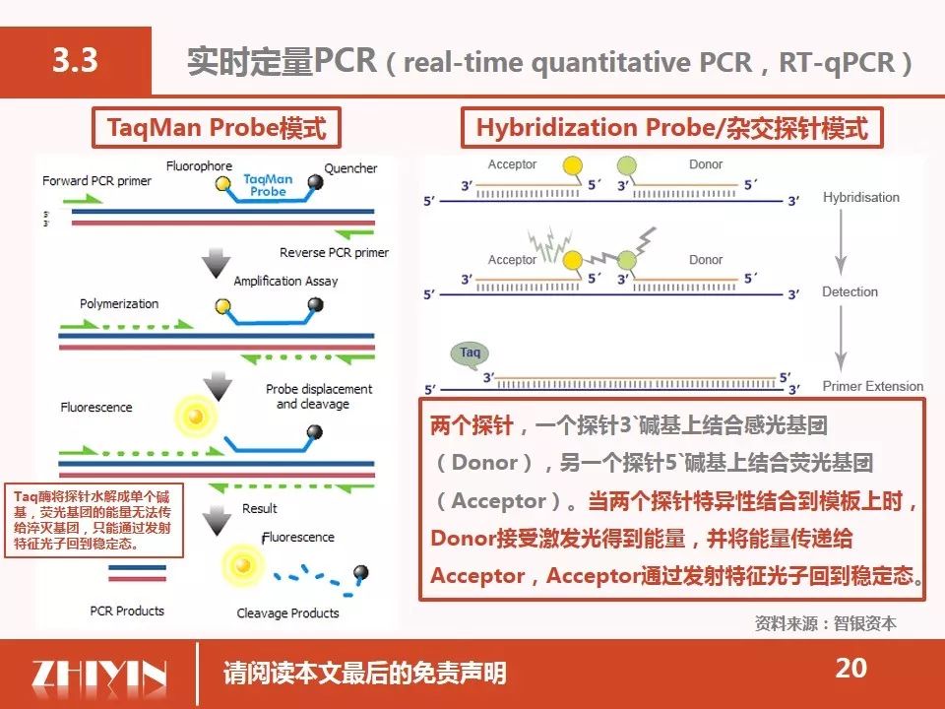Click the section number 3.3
pyautogui.click(x=76, y=60)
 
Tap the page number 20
pyautogui.click(x=850, y=668)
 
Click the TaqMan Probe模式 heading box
pyautogui.click(x=217, y=128)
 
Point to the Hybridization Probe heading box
pyautogui.click(x=672, y=128)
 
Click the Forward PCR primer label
pyautogui.click(x=97, y=181)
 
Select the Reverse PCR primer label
pyautogui.click(x=334, y=253)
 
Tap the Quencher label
pyautogui.click(x=350, y=168)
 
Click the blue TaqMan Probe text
pyautogui.click(x=268, y=185)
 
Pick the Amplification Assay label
pyautogui.click(x=285, y=281)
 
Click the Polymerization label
pyautogui.click(x=119, y=304)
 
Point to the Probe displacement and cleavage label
pyautogui.click(x=319, y=397)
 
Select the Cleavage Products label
pyautogui.click(x=287, y=613)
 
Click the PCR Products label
pyautogui.click(x=127, y=611)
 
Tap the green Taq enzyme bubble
pyautogui.click(x=470, y=354)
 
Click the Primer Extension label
pyautogui.click(x=873, y=386)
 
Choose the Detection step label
pyautogui.click(x=850, y=291)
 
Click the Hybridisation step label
pyautogui.click(x=861, y=198)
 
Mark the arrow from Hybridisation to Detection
pyautogui.click(x=841, y=242)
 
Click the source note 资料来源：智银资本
pyautogui.click(x=826, y=623)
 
